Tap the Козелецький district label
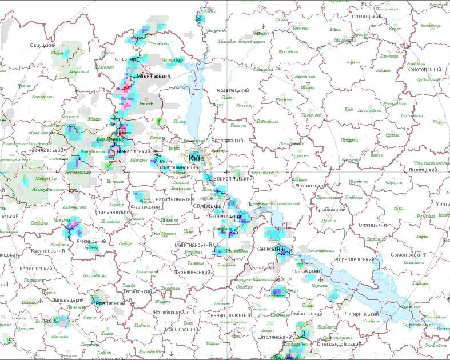tap(233, 91)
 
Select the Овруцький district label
tap(43, 45)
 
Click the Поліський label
tap(122, 59)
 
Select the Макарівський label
tap(134, 151)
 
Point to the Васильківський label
tap(174, 199)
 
